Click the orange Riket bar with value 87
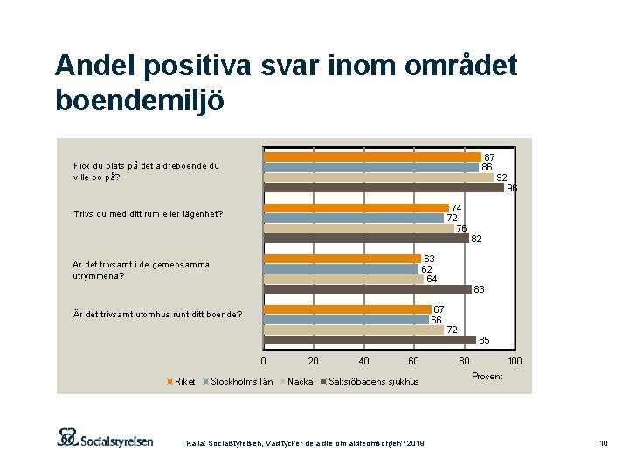(372, 157)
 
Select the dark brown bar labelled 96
(384, 187)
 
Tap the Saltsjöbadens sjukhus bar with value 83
(367, 289)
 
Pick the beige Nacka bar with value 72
(354, 330)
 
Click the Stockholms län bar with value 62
(341, 269)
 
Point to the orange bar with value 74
(356, 208)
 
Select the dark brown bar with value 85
(370, 340)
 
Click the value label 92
(502, 177)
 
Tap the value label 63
(430, 259)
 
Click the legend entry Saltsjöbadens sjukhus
(371, 381)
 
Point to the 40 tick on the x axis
(363, 361)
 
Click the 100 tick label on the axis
(515, 361)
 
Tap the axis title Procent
(487, 376)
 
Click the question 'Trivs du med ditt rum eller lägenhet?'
(149, 214)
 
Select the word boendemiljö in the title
(139, 101)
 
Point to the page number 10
(603, 444)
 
